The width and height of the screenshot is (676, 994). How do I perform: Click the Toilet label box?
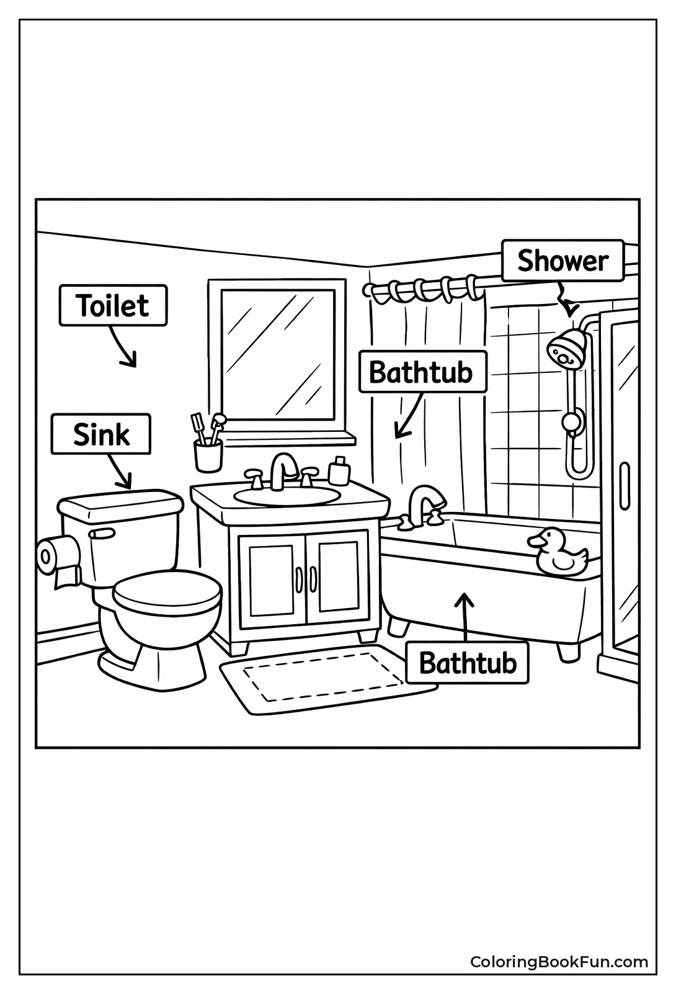(113, 305)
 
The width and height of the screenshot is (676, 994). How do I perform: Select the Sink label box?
(101, 434)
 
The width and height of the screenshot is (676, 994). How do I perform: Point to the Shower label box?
(562, 261)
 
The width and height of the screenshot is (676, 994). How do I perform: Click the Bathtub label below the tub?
(468, 663)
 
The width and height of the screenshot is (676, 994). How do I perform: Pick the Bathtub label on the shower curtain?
(421, 372)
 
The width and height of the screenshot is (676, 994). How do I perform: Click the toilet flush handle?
(101, 534)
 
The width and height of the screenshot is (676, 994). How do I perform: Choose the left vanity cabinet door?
(272, 578)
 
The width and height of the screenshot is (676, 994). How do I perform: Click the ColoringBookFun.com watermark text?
(559, 962)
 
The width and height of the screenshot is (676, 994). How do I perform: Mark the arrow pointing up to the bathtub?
(465, 614)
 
